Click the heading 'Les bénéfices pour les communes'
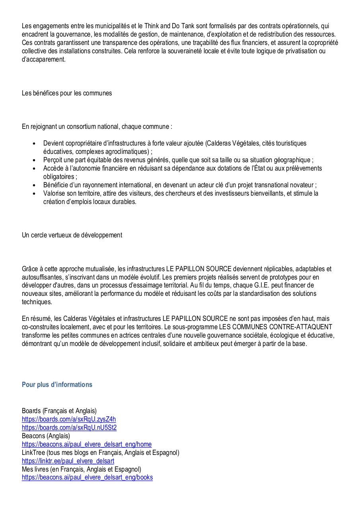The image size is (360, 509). tap(67, 93)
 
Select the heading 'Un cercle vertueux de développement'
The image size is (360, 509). tap(72, 235)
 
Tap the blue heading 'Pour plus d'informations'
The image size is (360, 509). tap(57, 385)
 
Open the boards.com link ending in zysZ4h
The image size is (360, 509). tap(69, 419)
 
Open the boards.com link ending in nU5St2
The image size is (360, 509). tap(69, 427)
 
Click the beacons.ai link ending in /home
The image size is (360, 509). tap(87, 444)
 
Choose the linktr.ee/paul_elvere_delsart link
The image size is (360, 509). tap(68, 461)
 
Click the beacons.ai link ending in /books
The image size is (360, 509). tap(87, 478)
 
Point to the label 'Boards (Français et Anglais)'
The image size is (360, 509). tap(59, 411)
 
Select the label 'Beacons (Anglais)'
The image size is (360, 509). tap(46, 436)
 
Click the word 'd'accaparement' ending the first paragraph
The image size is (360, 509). tap(43, 59)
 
